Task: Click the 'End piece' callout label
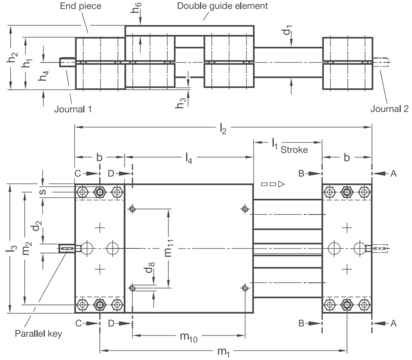pyautogui.click(x=80, y=6)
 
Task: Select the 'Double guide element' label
pyautogui.click(x=223, y=6)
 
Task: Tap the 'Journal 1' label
pyautogui.click(x=73, y=109)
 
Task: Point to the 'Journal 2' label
pyautogui.click(x=389, y=108)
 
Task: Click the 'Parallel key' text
pyautogui.click(x=38, y=333)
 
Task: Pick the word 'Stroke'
pyautogui.click(x=294, y=150)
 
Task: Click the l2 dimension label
pyautogui.click(x=223, y=129)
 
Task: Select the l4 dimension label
pyautogui.click(x=188, y=159)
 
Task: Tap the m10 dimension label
pyautogui.click(x=188, y=337)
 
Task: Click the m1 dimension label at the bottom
pyautogui.click(x=224, y=352)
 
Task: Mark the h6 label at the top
pyautogui.click(x=136, y=7)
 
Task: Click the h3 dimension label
pyautogui.click(x=181, y=103)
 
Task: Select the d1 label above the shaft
pyautogui.click(x=287, y=30)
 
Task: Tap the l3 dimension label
pyautogui.click(x=11, y=248)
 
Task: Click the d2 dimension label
pyautogui.click(x=37, y=225)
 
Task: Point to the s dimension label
pyautogui.click(x=42, y=192)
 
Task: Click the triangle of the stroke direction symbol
pyautogui.click(x=281, y=184)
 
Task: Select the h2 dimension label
pyautogui.click(x=12, y=58)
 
